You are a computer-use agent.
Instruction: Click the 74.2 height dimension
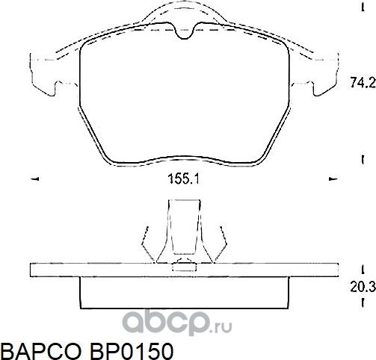pos(363,85)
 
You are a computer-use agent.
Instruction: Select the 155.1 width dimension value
pos(183,179)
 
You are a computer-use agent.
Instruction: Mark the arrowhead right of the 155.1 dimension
pos(332,179)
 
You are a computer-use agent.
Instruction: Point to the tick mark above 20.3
pos(362,268)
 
